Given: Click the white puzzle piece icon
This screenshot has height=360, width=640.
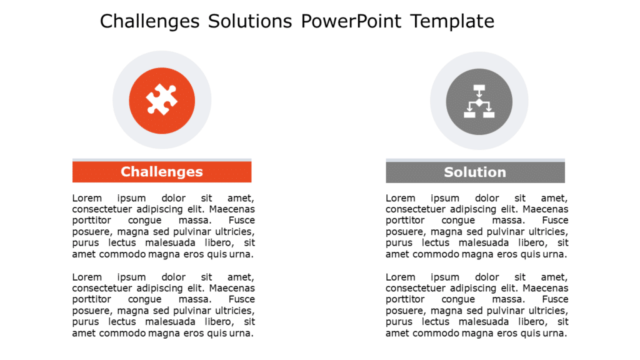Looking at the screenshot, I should (x=162, y=100).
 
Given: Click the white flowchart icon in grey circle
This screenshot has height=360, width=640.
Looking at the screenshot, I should (x=479, y=101).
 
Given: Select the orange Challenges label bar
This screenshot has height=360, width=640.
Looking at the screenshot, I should (x=162, y=172).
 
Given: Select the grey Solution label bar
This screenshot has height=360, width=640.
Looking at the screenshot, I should (x=475, y=172).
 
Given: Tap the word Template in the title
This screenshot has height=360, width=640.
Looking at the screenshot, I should (x=452, y=21).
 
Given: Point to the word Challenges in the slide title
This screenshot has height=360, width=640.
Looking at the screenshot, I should (x=149, y=21).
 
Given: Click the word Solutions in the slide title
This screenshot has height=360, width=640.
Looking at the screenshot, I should (x=251, y=21).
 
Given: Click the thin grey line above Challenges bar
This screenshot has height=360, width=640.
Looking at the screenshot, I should (x=162, y=160).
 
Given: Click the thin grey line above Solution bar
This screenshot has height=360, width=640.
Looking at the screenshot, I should (x=475, y=160).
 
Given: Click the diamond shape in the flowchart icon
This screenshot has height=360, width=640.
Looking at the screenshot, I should (x=479, y=102).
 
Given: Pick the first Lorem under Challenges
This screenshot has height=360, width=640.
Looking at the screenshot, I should (x=87, y=198).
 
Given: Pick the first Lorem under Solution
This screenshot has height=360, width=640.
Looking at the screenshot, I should (x=401, y=198).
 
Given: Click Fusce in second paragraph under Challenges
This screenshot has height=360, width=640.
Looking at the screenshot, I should (x=241, y=299).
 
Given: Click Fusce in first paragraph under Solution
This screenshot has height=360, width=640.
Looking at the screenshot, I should (x=555, y=221).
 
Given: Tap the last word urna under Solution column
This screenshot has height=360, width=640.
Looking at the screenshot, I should (x=556, y=333).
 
